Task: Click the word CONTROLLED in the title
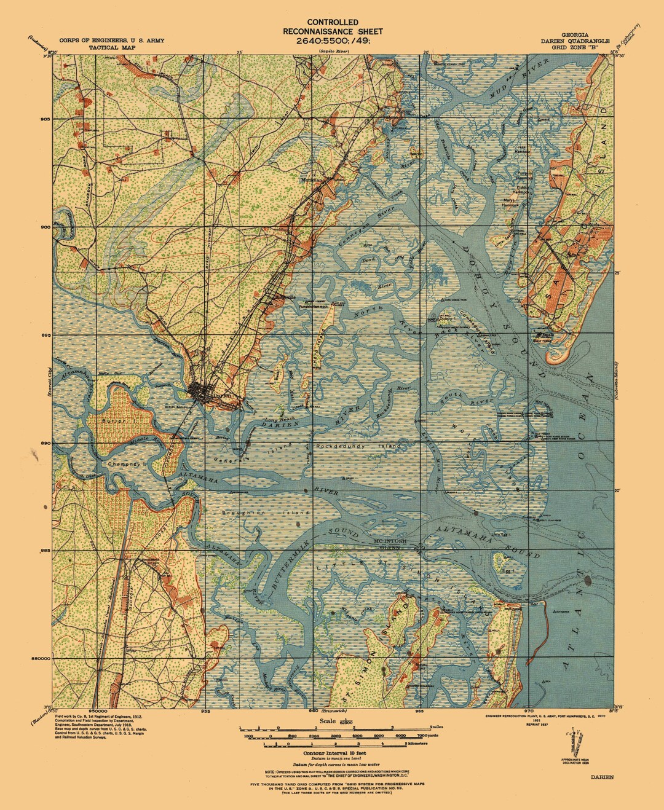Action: coord(333,22)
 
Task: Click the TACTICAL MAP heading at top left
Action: coord(111,47)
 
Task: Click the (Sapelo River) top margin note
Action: coord(333,53)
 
